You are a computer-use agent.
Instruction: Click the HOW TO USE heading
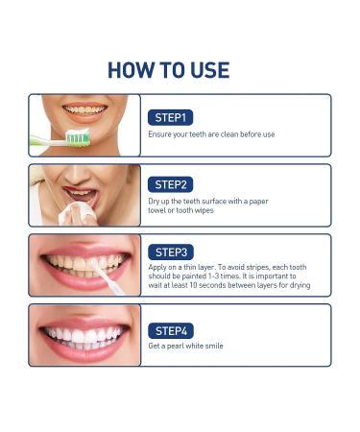pyautogui.click(x=168, y=70)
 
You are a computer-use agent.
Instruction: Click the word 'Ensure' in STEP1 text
pyautogui.click(x=160, y=134)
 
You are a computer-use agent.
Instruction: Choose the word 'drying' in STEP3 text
pyautogui.click(x=298, y=286)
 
